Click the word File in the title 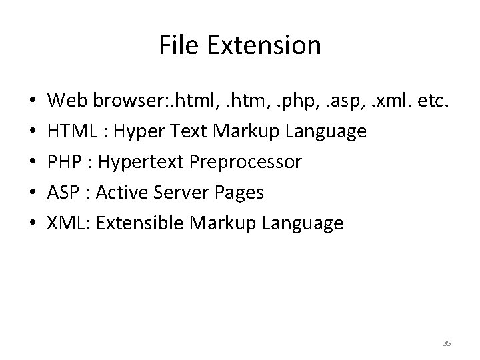(x=176, y=46)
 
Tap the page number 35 (x=447, y=343)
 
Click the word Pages (x=241, y=193)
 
